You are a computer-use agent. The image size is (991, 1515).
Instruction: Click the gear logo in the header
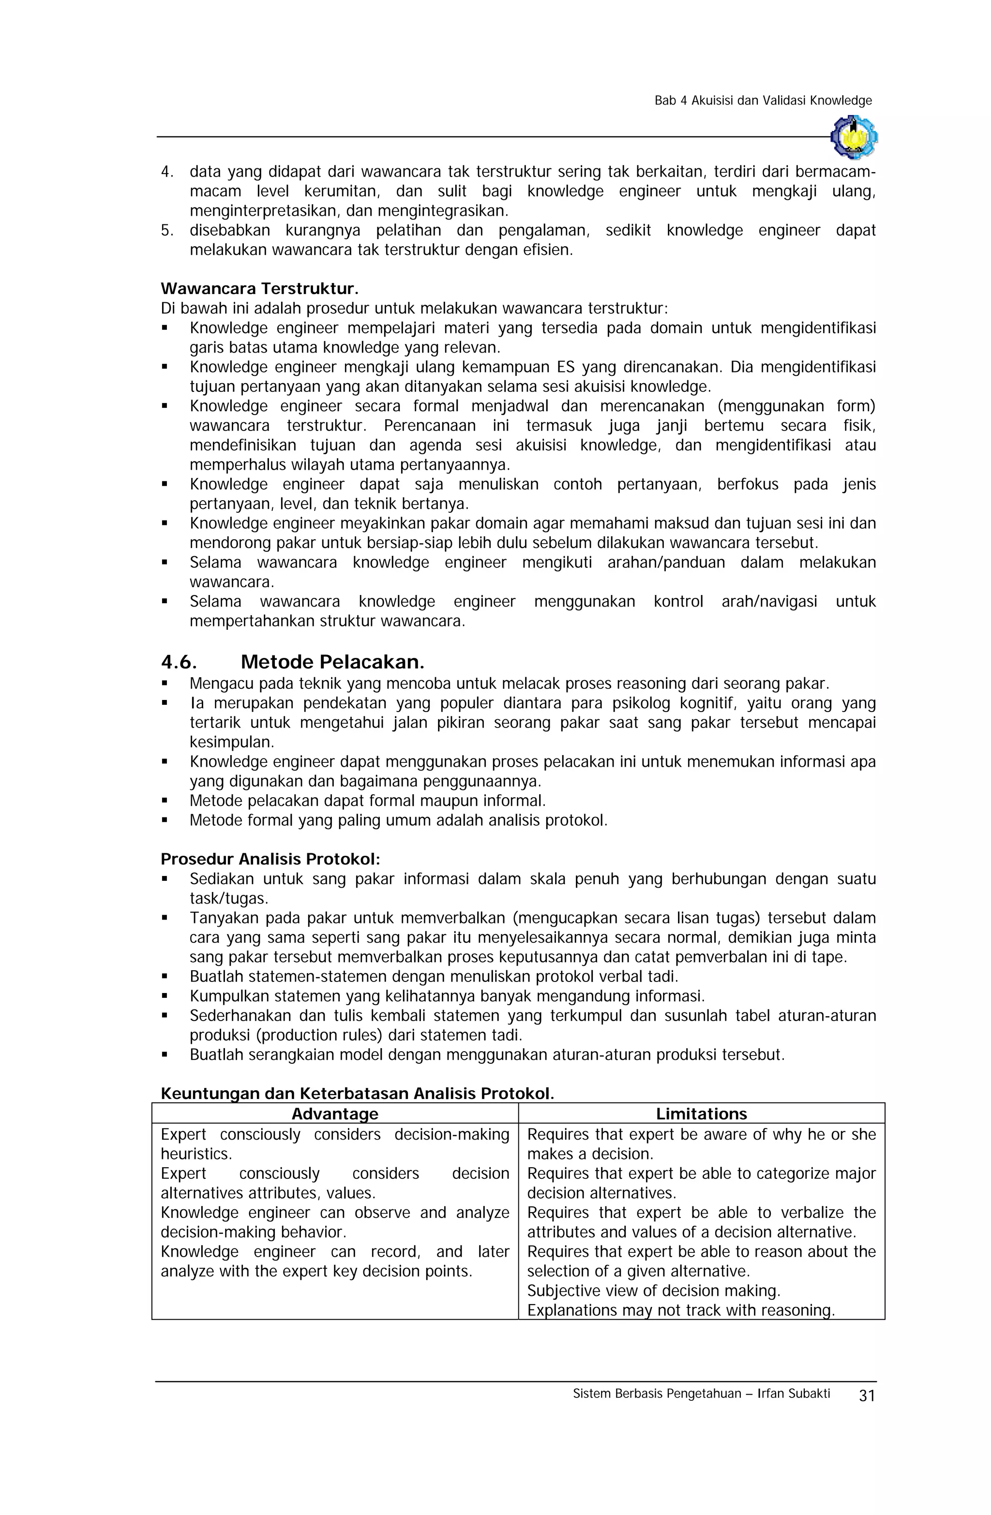854,137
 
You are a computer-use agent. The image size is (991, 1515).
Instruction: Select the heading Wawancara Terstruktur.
259,289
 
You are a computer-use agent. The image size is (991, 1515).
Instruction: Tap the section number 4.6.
179,662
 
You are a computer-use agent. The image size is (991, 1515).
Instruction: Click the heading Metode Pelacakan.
332,662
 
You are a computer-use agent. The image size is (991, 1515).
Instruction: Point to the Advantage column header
334,1114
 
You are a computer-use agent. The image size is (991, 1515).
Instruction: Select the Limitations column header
701,1114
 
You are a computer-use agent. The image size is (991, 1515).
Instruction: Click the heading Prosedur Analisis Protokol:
270,860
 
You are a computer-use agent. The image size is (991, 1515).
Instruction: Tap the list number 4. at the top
167,172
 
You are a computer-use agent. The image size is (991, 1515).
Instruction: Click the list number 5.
167,230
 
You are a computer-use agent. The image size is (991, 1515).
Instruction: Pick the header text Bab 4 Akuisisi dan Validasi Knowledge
762,101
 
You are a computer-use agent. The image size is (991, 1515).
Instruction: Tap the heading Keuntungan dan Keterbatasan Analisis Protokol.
357,1094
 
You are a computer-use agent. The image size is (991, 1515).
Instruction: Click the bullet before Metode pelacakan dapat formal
165,801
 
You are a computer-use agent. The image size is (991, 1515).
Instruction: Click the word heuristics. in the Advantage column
196,1154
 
